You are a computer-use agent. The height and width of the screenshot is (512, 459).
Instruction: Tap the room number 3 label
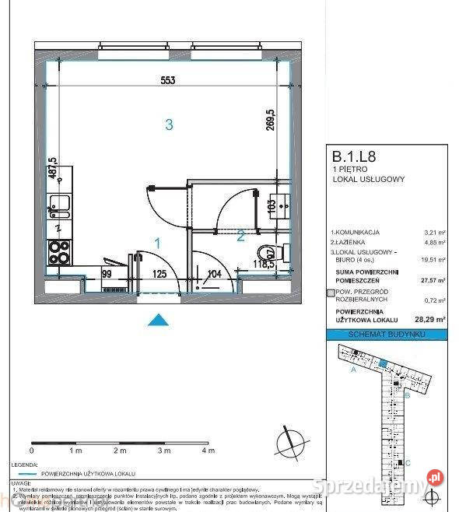pyautogui.click(x=167, y=123)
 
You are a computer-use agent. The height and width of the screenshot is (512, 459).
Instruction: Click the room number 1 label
pyautogui.click(x=156, y=244)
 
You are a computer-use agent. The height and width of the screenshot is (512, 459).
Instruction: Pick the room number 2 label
pyautogui.click(x=241, y=234)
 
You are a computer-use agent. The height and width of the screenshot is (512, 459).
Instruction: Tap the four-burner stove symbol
pyautogui.click(x=60, y=251)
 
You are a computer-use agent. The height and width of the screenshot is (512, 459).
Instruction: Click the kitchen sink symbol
pyautogui.click(x=59, y=208)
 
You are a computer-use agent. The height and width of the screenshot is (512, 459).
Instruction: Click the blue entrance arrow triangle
pyautogui.click(x=159, y=319)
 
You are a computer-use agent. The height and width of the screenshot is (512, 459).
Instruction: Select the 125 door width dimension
pyautogui.click(x=160, y=273)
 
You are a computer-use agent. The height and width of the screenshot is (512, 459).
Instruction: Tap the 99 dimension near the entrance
pyautogui.click(x=107, y=273)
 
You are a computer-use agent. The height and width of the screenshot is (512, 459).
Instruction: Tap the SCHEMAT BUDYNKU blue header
pyautogui.click(x=387, y=334)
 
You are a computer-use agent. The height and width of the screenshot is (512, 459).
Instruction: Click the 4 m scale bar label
pyautogui.click(x=207, y=451)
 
